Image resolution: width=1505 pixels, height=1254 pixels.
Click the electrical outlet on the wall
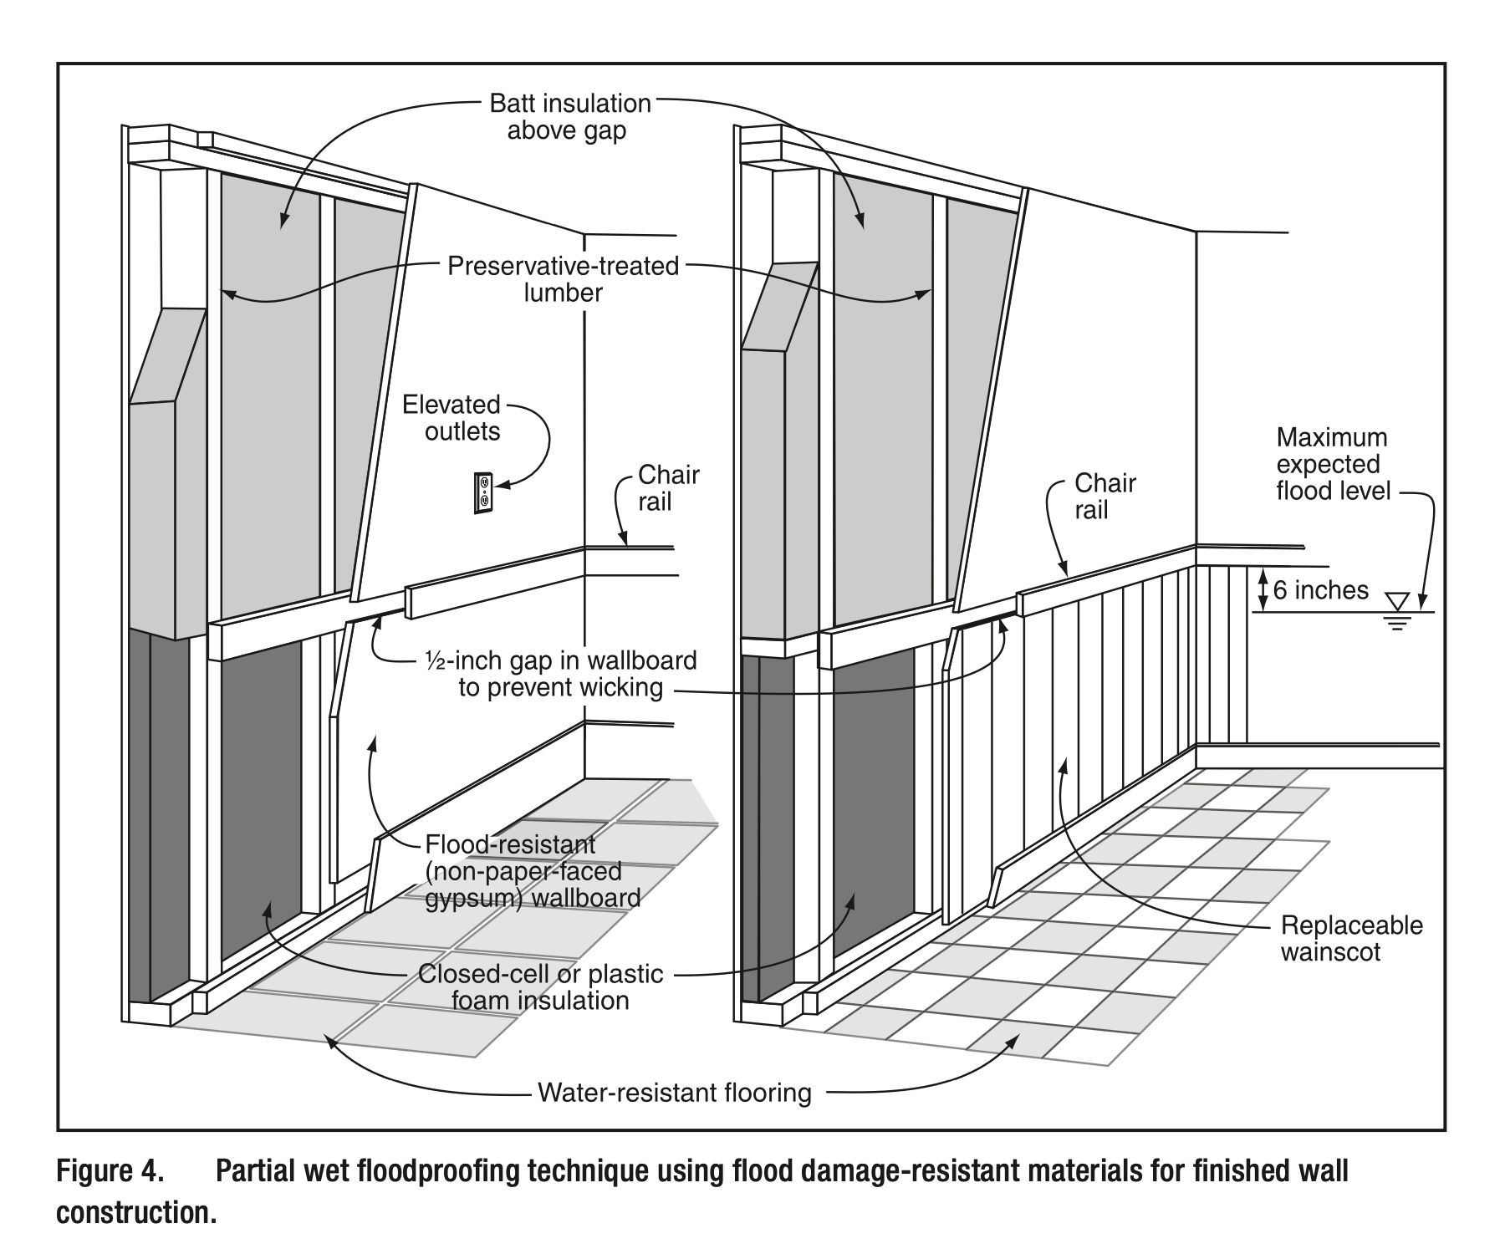(482, 492)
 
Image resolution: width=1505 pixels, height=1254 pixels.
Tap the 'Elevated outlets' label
(451, 418)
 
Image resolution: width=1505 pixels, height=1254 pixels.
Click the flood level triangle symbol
(1396, 601)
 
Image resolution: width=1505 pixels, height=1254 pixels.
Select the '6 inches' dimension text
(1321, 590)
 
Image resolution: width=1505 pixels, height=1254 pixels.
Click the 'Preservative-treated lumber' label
(563, 279)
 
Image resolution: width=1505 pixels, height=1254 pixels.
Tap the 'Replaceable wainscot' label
(1351, 938)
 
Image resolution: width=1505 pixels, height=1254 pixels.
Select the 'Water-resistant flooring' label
(674, 1093)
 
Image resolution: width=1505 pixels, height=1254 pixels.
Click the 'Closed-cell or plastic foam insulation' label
(540, 986)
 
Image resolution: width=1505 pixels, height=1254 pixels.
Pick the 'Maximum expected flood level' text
(1332, 464)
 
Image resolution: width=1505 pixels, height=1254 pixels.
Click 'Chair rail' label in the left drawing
(668, 488)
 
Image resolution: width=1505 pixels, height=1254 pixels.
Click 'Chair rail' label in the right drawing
(1105, 497)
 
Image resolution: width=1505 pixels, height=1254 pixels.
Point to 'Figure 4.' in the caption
(109, 1171)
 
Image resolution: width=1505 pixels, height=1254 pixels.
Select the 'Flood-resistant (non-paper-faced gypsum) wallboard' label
(532, 871)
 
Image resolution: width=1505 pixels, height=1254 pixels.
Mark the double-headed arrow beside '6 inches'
(1263, 590)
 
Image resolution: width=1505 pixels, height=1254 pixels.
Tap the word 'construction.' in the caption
(136, 1212)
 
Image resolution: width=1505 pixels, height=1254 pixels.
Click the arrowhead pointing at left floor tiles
(333, 1039)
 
